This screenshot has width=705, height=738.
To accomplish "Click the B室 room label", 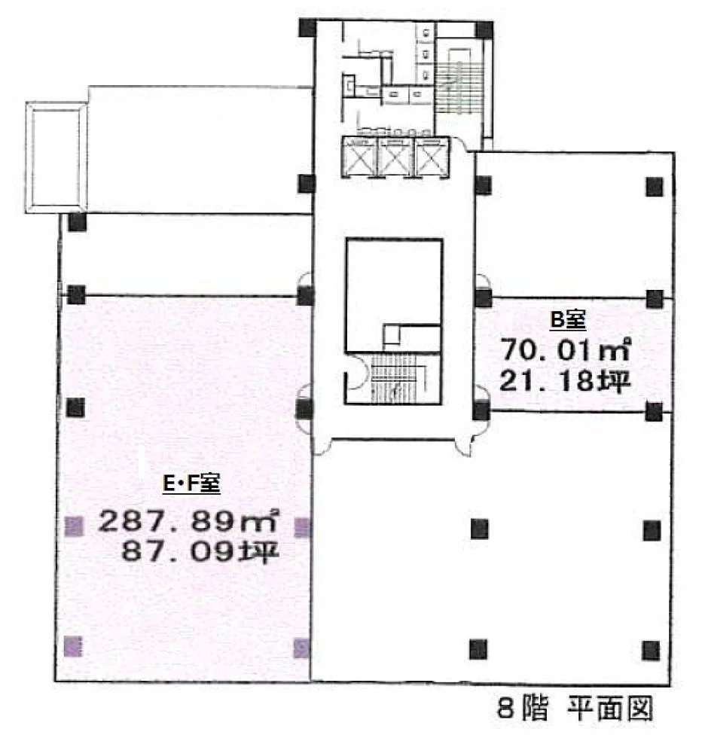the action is (568, 321).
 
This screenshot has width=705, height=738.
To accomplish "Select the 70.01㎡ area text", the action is (565, 349).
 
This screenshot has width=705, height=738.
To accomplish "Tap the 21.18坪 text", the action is (565, 380).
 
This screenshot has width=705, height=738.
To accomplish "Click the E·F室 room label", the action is (191, 483).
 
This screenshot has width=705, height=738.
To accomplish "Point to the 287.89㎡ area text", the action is (188, 521).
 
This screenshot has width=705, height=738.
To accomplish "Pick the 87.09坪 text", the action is (200, 551).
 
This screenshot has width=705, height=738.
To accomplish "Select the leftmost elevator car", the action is (360, 157).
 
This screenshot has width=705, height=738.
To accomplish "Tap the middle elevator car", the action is (395, 157).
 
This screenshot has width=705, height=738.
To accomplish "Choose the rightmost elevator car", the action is (432, 157).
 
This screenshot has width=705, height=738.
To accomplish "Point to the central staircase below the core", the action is (395, 378).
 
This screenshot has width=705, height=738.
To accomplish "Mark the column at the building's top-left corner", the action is (308, 28).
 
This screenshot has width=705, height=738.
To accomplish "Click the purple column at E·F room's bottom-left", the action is (73, 646).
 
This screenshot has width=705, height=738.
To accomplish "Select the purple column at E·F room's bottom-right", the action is (302, 648).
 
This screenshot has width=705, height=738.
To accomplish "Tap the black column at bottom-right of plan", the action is (651, 651).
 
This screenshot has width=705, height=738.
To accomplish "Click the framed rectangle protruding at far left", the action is (56, 157).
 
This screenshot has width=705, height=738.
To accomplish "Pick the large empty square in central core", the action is (395, 295).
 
